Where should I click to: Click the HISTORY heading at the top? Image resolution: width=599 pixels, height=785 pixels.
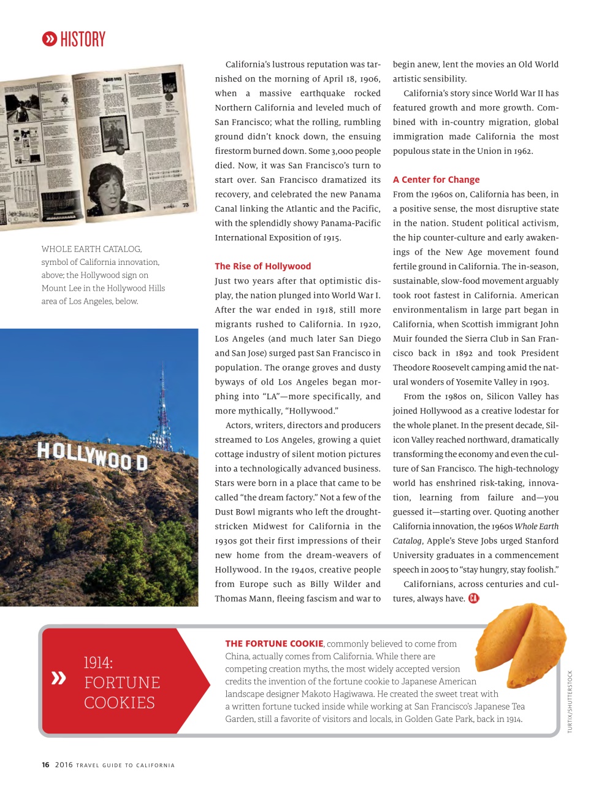[x=83, y=40]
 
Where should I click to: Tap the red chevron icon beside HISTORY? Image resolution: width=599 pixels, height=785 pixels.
[x=49, y=39]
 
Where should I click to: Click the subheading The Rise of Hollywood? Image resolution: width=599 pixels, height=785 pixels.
[x=262, y=266]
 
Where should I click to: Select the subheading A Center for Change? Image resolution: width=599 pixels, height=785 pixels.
[x=436, y=180]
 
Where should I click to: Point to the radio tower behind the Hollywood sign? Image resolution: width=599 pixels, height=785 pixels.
[x=162, y=411]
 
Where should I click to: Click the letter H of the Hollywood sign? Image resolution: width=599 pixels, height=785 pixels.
[x=44, y=451]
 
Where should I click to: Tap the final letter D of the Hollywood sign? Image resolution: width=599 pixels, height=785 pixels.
[x=142, y=463]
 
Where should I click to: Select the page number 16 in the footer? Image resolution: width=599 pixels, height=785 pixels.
[x=45, y=765]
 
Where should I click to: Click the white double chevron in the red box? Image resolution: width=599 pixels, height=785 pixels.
[x=59, y=678]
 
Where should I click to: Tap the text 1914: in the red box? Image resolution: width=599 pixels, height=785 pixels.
[x=98, y=662]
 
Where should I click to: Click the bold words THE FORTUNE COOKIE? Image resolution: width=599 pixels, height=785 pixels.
[x=274, y=643]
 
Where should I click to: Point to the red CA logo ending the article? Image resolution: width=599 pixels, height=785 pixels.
[x=473, y=599]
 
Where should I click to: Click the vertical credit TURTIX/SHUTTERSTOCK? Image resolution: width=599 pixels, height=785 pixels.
[x=570, y=702]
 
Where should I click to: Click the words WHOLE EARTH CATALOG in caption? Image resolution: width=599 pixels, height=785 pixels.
[x=91, y=249]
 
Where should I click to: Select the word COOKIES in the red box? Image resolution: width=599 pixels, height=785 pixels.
[x=119, y=703]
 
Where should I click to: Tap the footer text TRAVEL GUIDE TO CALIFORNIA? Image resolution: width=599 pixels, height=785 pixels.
[x=125, y=765]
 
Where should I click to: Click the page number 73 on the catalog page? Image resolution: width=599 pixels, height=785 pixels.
[x=185, y=205]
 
